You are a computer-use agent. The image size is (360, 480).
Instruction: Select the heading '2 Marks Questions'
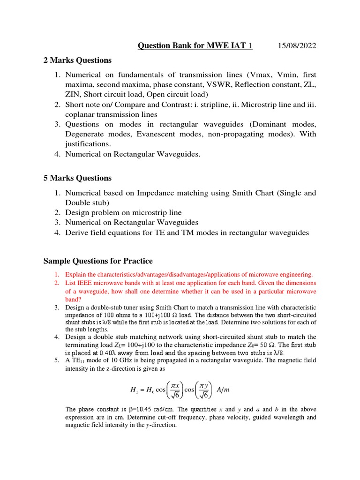(x=78, y=60)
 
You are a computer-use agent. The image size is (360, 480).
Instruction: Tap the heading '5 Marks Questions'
(x=78, y=178)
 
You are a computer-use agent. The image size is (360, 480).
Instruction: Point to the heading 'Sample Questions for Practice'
(x=98, y=261)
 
